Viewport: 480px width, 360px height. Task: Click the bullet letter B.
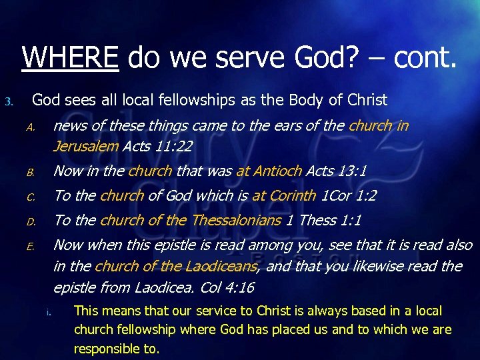click(x=30, y=173)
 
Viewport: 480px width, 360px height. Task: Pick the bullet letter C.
click(x=30, y=197)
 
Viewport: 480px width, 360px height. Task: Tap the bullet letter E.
click(x=30, y=247)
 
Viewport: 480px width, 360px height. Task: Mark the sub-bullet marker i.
click(x=49, y=312)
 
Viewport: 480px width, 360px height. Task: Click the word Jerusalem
click(x=85, y=146)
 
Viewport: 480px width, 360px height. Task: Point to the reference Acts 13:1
click(x=337, y=171)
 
